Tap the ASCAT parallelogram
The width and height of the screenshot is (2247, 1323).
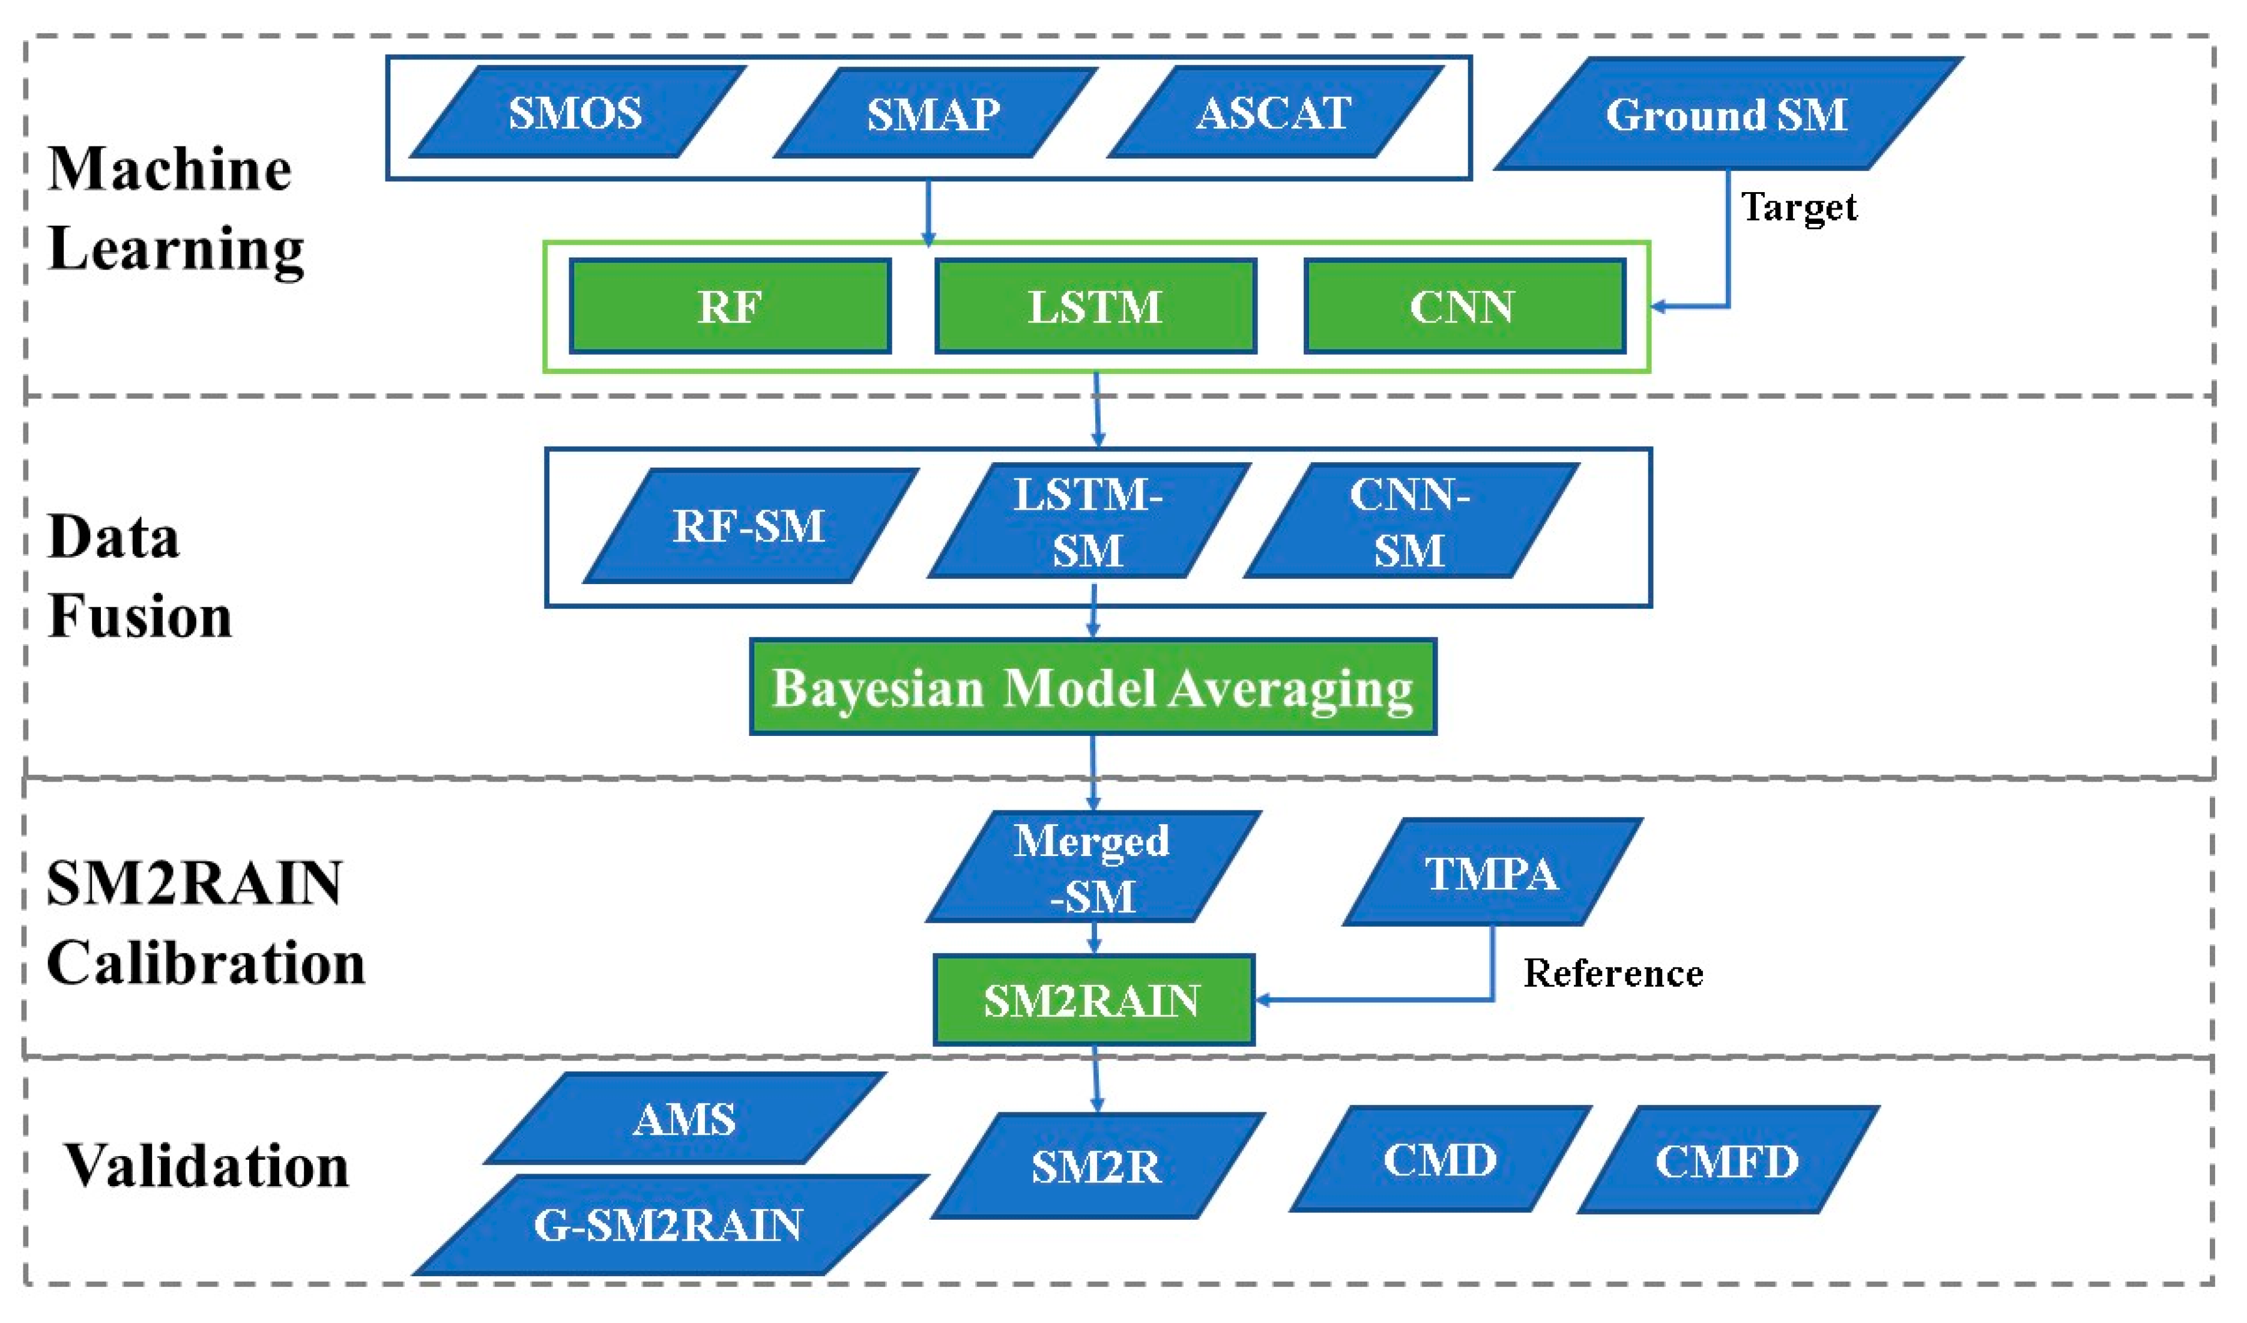pyautogui.click(x=1274, y=112)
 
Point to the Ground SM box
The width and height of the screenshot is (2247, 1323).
pyautogui.click(x=1727, y=114)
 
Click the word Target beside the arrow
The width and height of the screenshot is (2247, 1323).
pyautogui.click(x=1798, y=208)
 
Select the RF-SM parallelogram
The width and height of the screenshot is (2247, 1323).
pyautogui.click(x=749, y=525)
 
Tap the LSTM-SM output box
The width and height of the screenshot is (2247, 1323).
pyautogui.click(x=1089, y=522)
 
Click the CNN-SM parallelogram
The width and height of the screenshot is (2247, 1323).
pyautogui.click(x=1410, y=522)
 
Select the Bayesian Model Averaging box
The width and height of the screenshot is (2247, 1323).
pyautogui.click(x=1092, y=687)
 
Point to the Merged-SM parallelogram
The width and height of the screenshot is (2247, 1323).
pyautogui.click(x=1092, y=867)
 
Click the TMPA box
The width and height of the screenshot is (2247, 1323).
pyautogui.click(x=1492, y=873)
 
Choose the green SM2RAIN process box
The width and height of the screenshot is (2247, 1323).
pyautogui.click(x=1093, y=1000)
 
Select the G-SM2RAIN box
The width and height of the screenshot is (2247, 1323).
pyautogui.click(x=669, y=1224)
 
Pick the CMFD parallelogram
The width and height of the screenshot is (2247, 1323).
pyautogui.click(x=1727, y=1160)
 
